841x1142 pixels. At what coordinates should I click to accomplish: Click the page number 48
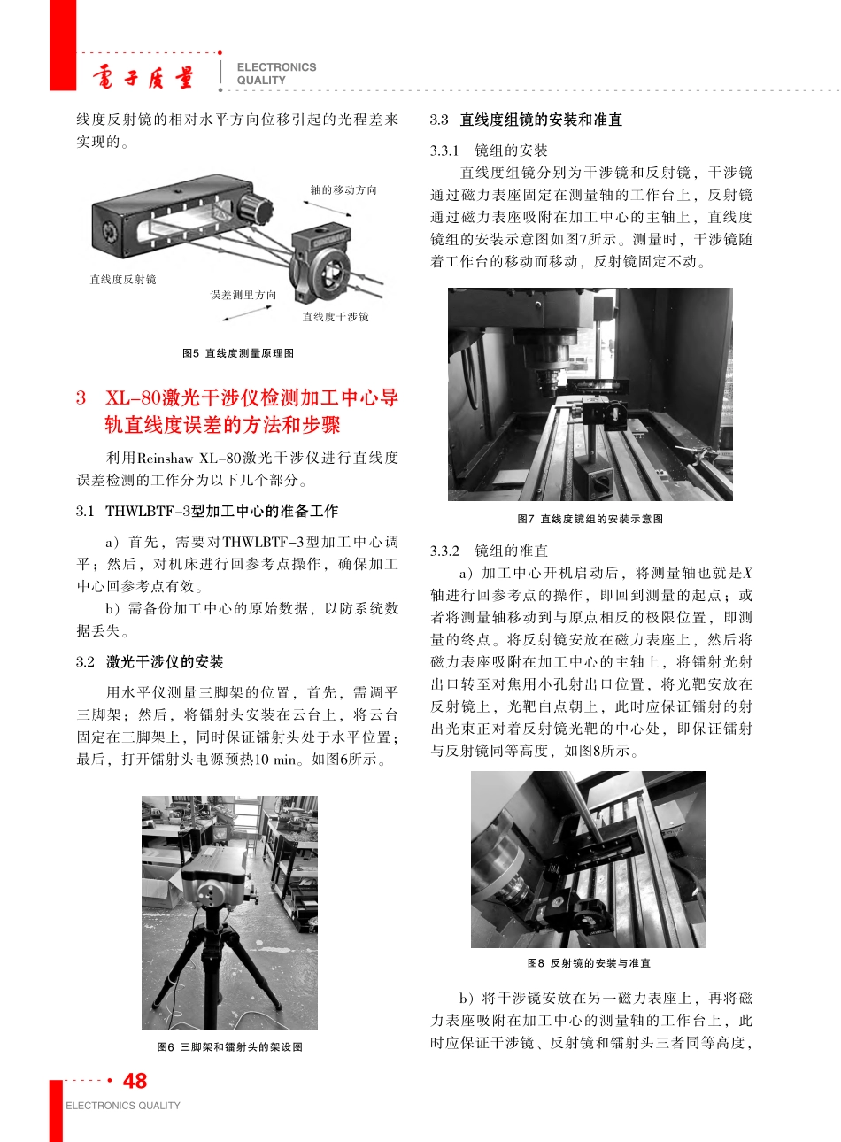tap(135, 1081)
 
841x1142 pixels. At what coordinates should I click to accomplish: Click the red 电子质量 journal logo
tap(143, 78)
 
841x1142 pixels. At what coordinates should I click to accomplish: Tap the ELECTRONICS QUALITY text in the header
tap(275, 73)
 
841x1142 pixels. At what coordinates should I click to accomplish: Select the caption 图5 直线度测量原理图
tap(237, 353)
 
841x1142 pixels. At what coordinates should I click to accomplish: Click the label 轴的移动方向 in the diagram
tap(343, 190)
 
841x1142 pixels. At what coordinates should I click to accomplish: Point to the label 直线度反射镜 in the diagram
tap(122, 280)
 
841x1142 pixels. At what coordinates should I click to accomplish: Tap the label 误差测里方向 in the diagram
tap(243, 295)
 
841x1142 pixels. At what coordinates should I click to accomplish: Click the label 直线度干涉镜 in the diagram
tap(336, 317)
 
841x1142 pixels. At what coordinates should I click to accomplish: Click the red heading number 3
tap(81, 398)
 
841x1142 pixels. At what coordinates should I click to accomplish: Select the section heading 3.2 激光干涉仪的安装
tap(150, 662)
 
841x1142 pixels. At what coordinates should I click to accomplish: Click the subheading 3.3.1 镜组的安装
tap(489, 150)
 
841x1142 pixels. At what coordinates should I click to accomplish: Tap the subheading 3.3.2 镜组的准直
tap(489, 551)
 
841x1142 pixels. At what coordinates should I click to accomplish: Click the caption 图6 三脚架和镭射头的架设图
tap(229, 1047)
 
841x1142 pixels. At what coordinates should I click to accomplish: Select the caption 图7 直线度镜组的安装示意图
tap(590, 519)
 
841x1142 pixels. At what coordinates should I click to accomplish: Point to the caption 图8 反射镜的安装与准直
tap(589, 963)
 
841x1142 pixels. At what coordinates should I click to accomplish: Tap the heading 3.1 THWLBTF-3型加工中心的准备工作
tap(207, 512)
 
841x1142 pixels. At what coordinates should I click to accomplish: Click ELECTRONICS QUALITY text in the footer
tap(122, 1106)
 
